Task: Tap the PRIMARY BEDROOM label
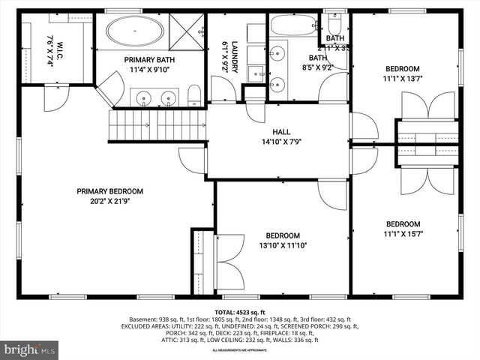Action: (x=109, y=191)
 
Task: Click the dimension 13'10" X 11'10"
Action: (x=283, y=244)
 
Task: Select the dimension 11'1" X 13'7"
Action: (x=403, y=77)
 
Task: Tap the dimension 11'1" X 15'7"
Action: (x=403, y=234)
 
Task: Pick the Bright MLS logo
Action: (x=30, y=349)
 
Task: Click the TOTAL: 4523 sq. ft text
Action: (x=239, y=311)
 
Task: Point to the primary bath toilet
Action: (x=194, y=94)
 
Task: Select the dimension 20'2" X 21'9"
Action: (x=109, y=202)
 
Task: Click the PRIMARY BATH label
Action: (x=149, y=61)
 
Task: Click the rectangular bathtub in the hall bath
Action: (x=293, y=25)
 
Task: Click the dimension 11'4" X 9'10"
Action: (x=149, y=71)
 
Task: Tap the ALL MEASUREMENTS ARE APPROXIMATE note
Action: (x=239, y=350)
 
